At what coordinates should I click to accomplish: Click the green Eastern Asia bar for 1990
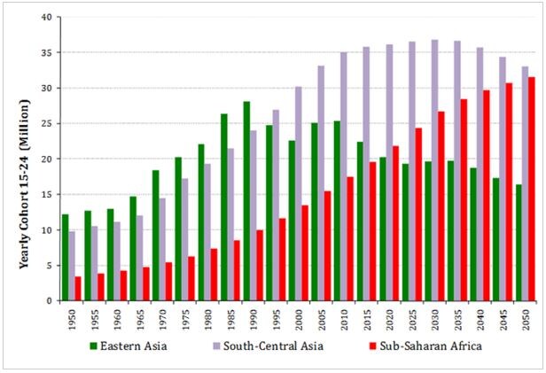pos(246,201)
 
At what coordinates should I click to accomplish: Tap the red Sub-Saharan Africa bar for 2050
pos(532,189)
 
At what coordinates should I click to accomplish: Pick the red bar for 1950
pos(78,289)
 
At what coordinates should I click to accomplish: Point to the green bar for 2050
pos(519,243)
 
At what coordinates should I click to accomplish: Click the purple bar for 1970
pos(162,250)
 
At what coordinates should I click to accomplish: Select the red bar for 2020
pos(395,223)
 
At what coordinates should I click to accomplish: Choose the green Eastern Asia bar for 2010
pos(337,211)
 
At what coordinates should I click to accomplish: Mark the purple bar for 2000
pos(299,194)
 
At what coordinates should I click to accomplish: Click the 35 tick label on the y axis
pos(47,53)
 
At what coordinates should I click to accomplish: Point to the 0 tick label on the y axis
pos(49,301)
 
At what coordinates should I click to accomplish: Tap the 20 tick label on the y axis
pos(47,159)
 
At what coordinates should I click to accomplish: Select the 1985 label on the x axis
pos(230,318)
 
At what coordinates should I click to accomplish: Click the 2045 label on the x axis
pos(503,318)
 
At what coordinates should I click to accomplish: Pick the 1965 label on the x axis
pos(140,318)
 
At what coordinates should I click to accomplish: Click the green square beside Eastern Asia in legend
pos(93,346)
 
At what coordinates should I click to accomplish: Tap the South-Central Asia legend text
pos(273,346)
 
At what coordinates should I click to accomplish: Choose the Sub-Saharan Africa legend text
pos(431,346)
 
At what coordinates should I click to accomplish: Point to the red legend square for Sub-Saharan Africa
pos(373,346)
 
